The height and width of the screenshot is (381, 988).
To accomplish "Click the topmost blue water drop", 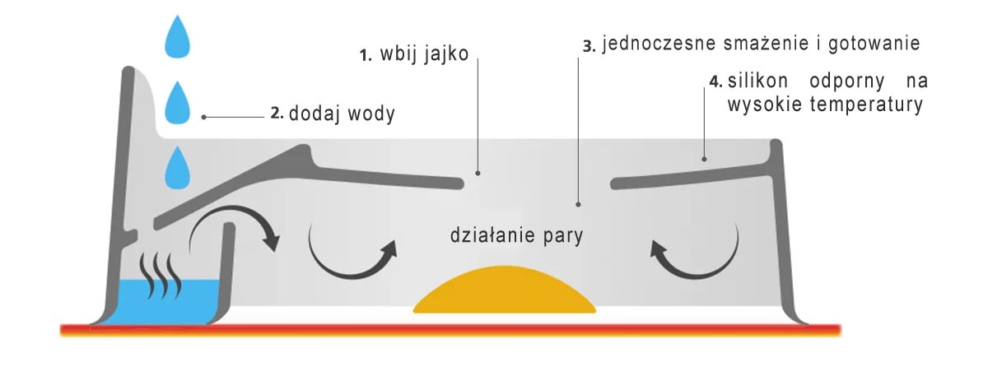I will [177, 39].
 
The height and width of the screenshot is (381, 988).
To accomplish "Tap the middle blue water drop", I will [177, 105].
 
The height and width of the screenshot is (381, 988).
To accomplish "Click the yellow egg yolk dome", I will [504, 292].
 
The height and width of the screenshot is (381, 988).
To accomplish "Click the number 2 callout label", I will [277, 114].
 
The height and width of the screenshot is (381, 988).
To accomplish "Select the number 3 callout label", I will [588, 45].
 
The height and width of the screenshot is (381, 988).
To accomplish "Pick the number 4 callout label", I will [715, 82].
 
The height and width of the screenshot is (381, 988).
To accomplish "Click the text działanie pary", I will [516, 236].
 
